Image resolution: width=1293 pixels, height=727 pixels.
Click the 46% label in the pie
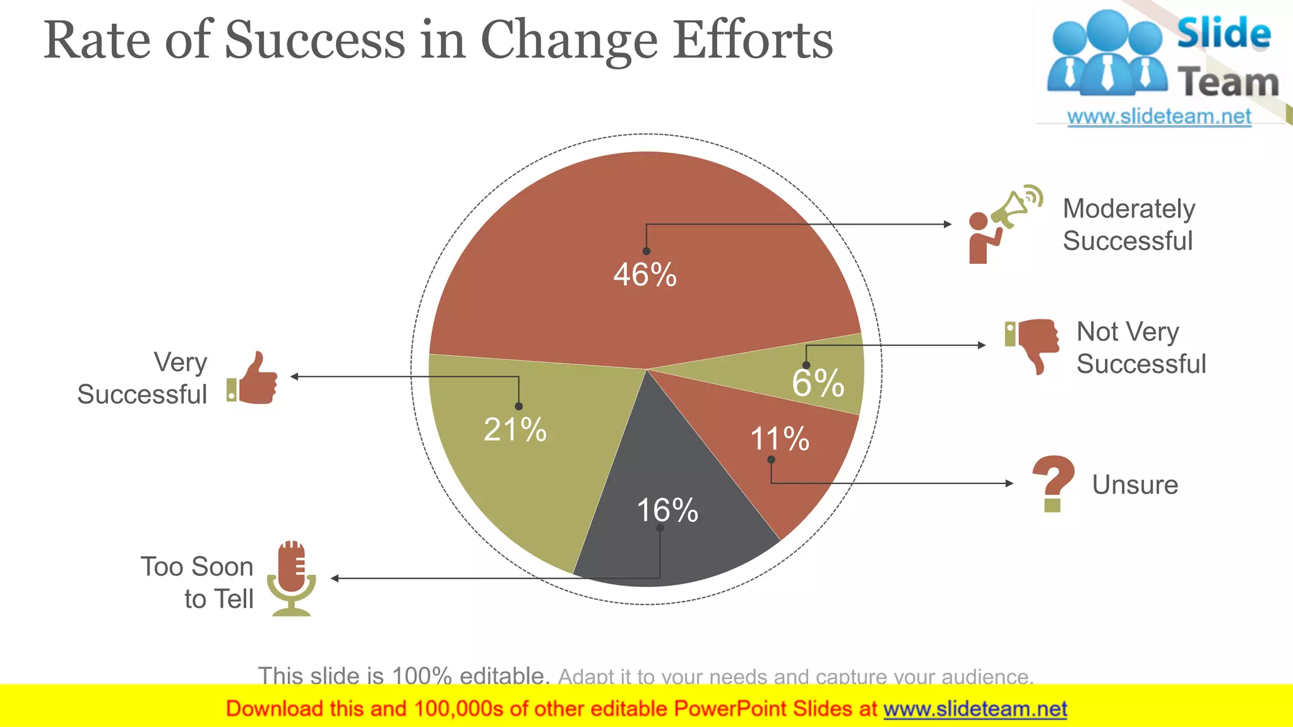(645, 275)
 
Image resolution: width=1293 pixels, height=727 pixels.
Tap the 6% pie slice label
(818, 383)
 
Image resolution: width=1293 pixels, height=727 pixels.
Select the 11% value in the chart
(780, 439)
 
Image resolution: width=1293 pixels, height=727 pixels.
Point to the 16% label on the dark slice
(667, 510)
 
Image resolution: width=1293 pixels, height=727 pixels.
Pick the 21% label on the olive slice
(515, 430)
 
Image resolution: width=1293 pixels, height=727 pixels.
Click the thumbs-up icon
(253, 379)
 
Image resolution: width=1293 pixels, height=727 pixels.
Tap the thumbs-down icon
(1032, 345)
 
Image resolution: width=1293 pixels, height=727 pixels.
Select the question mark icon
(1053, 483)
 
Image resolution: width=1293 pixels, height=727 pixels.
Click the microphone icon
(291, 578)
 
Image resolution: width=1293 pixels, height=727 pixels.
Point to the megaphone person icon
(1004, 224)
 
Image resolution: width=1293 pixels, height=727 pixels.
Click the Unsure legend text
(1135, 485)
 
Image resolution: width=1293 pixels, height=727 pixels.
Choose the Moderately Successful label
(1128, 225)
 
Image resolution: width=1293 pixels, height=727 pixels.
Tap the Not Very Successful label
(1140, 348)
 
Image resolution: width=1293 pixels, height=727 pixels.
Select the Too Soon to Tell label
(198, 582)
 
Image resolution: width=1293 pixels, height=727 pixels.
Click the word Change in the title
(569, 40)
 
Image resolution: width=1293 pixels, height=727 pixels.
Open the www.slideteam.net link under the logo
(1159, 117)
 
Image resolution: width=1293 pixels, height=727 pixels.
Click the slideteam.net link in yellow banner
(975, 709)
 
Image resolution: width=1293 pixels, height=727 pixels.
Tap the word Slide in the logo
(1223, 33)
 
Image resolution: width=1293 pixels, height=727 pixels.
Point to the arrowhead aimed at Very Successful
(294, 377)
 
